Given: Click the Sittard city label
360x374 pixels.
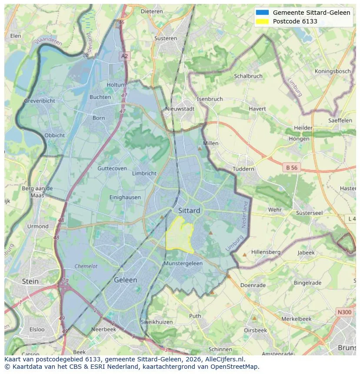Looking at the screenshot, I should pyautogui.click(x=189, y=211).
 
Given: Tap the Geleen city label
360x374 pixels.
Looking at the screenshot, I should pyautogui.click(x=125, y=280).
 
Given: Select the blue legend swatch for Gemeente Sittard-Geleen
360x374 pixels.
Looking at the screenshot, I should pyautogui.click(x=263, y=13).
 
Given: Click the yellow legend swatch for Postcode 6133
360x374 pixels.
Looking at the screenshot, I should pyautogui.click(x=263, y=21).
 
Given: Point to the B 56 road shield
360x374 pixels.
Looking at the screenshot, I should pyautogui.click(x=292, y=167).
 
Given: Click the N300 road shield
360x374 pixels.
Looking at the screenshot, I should pyautogui.click(x=344, y=312).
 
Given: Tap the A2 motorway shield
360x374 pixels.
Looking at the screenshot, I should pyautogui.click(x=125, y=56).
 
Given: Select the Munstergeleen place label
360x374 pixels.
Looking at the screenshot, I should pyautogui.click(x=183, y=263).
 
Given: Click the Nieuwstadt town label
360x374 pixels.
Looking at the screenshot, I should pyautogui.click(x=180, y=109).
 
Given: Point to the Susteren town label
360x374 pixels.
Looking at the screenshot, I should pyautogui.click(x=165, y=38).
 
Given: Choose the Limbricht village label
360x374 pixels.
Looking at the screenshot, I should pyautogui.click(x=144, y=173).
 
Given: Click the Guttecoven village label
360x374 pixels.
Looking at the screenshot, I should pyautogui.click(x=112, y=169).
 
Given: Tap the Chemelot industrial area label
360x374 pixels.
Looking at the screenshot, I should pyautogui.click(x=86, y=266).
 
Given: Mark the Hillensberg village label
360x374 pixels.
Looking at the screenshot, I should pyautogui.click(x=266, y=252).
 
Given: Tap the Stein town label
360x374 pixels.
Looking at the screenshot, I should pyautogui.click(x=30, y=281).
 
